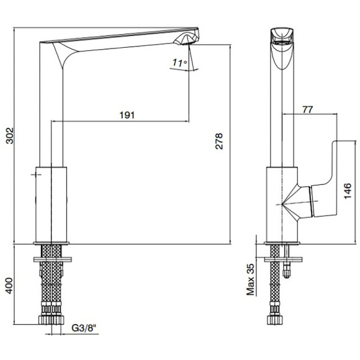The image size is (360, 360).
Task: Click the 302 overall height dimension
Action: [10, 136]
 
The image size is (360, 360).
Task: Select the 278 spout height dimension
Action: [219, 141]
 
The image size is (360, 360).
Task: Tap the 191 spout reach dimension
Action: [127, 115]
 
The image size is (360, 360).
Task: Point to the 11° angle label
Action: [180, 63]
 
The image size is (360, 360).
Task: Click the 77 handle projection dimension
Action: [308, 109]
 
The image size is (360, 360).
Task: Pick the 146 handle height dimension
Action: [348, 191]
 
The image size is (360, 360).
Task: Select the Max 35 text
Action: [251, 279]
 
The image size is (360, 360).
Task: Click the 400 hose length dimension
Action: [9, 286]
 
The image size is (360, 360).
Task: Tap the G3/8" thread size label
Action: [84, 328]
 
